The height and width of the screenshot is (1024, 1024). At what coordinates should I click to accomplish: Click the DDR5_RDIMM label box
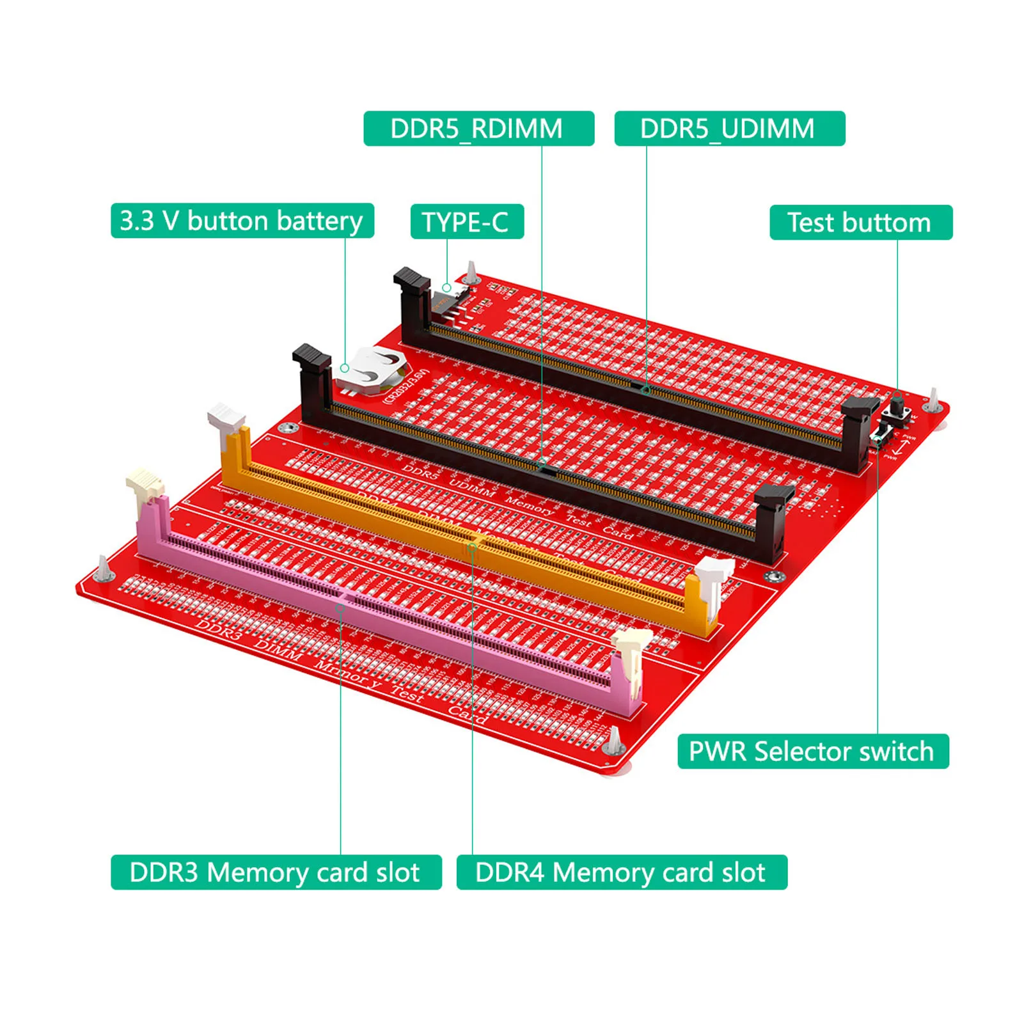(478, 129)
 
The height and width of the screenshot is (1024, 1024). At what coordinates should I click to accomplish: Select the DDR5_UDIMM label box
(729, 129)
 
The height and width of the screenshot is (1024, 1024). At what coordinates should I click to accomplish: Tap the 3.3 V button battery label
(242, 221)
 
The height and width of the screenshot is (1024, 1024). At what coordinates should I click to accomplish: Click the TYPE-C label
(467, 222)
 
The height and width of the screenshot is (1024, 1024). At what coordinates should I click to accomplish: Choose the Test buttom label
(860, 223)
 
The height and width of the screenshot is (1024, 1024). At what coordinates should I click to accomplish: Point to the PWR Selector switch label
(812, 751)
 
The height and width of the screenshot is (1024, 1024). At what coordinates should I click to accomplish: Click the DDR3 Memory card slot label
(276, 872)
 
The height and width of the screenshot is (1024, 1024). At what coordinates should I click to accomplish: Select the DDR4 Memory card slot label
(621, 872)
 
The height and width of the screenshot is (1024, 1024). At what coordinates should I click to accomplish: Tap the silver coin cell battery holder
(370, 371)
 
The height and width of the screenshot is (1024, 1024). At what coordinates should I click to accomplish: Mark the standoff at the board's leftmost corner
(104, 568)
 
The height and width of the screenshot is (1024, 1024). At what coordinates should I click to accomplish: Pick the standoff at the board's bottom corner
(613, 741)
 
